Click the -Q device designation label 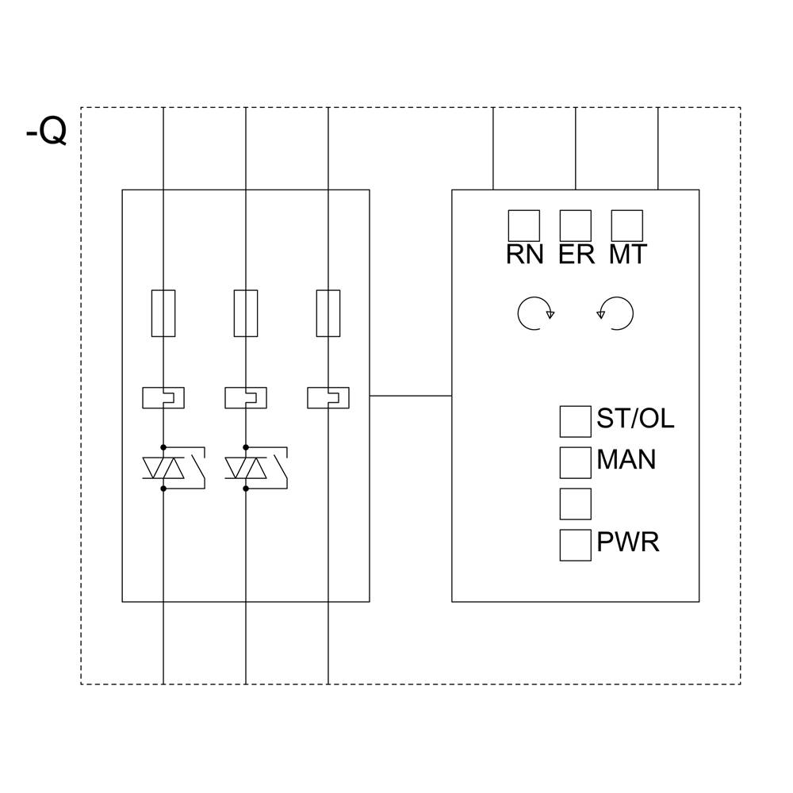pos(46,132)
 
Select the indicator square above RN pos(523,225)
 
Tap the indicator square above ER pos(575,225)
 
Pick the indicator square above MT pos(626,225)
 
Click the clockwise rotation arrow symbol pos(534,313)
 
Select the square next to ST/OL pos(575,421)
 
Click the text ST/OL pos(635,419)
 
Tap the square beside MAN pos(575,462)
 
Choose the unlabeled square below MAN pos(575,504)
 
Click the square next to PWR pos(575,545)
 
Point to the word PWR pos(627,543)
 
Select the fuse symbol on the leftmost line pos(163,313)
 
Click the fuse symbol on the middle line pos(246,313)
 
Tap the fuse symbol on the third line pos(328,313)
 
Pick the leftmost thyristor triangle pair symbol pos(163,469)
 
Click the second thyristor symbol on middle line pos(246,469)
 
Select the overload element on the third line pos(328,397)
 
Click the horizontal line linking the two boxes pos(410,395)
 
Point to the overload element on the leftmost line pos(163,397)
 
